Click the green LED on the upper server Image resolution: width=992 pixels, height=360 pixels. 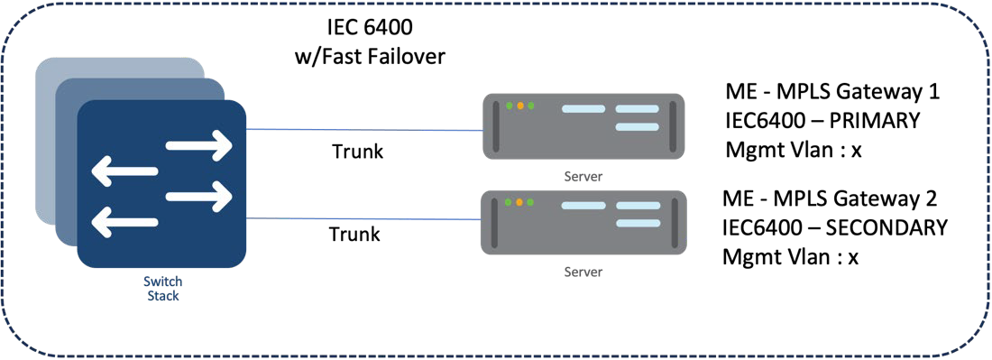(x=510, y=106)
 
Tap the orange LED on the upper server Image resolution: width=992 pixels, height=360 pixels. (x=520, y=106)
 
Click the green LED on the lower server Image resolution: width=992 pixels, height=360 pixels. (x=510, y=203)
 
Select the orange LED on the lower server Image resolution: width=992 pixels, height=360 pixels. (x=520, y=203)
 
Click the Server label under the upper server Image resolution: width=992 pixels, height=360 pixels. (x=583, y=176)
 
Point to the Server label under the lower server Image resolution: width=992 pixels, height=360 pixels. (x=583, y=272)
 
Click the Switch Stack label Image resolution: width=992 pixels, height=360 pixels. (x=162, y=289)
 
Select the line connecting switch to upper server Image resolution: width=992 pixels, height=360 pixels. (x=361, y=130)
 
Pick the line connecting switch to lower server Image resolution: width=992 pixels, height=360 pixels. (x=361, y=218)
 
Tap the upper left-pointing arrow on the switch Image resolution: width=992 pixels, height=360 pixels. (x=126, y=171)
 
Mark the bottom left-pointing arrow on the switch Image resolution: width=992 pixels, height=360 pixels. (x=126, y=221)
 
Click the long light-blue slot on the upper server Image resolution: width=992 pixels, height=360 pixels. (x=583, y=108)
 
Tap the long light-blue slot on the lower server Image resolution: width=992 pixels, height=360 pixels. (x=583, y=206)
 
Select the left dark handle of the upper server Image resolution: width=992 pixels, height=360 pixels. (x=495, y=125)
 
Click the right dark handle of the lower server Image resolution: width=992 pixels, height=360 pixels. (x=673, y=222)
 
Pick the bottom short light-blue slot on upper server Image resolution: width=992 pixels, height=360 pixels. (x=637, y=127)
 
